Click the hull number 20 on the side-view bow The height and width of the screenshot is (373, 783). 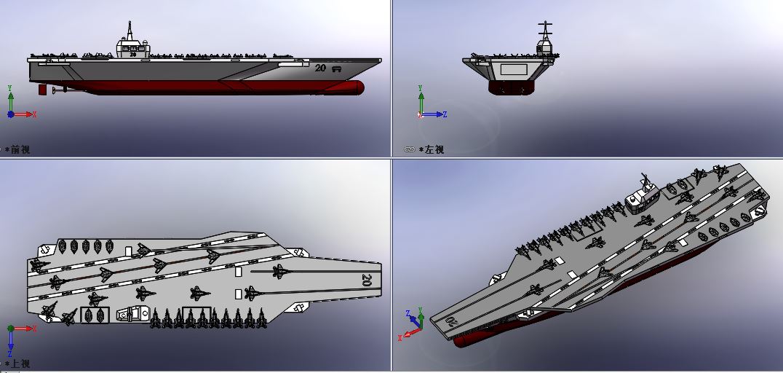point(321,68)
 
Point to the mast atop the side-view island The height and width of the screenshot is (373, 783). point(130,31)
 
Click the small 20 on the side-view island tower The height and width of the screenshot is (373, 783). point(133,54)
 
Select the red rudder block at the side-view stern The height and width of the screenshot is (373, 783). point(42,90)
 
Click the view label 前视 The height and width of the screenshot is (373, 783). point(20,149)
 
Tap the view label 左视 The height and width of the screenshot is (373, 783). point(434,149)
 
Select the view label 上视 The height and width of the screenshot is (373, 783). point(20,364)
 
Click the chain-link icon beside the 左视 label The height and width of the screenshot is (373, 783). point(410,149)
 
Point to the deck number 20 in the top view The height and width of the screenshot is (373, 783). point(367,279)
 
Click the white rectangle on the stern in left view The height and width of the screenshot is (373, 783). point(513,69)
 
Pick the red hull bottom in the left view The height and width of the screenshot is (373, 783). point(512,87)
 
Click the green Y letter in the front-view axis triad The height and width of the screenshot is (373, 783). point(10,88)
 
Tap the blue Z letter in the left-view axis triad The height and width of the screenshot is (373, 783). point(445,114)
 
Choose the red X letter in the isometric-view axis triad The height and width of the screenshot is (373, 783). point(400,339)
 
